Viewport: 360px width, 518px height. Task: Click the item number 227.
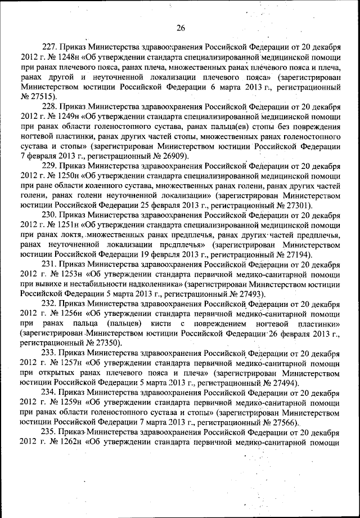(51, 47)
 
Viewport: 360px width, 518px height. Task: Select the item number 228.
(51, 106)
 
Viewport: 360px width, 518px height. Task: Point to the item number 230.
(51, 215)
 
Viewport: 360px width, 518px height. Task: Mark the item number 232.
(51, 303)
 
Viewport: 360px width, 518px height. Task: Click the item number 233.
(51, 352)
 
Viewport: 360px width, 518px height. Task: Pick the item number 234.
(51, 391)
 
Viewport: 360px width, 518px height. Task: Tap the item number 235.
(51, 431)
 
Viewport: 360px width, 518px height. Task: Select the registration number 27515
(39, 97)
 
